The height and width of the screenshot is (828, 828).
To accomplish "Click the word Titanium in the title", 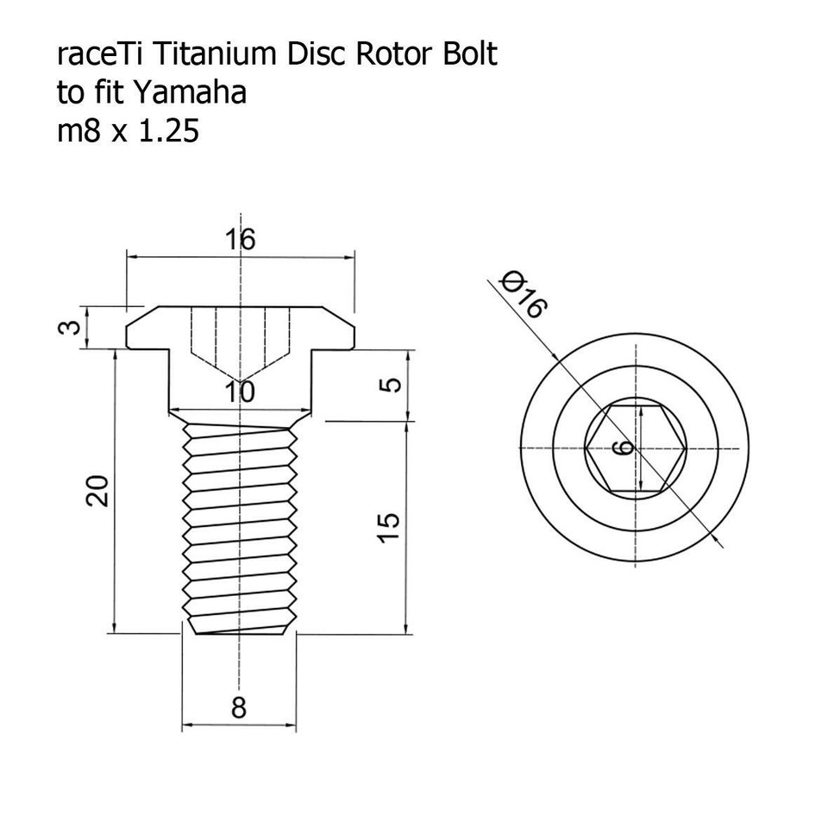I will (x=208, y=55).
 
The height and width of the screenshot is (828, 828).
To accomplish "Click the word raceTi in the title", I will (x=97, y=55).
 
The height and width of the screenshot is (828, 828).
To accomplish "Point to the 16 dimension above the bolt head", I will (x=241, y=240).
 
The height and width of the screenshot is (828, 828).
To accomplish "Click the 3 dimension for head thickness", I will (x=74, y=327).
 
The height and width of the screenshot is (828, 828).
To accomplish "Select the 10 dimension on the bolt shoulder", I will (x=238, y=392).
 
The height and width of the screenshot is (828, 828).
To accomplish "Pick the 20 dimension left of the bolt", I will (x=98, y=491).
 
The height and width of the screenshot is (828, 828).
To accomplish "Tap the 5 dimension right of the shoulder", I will (x=390, y=385).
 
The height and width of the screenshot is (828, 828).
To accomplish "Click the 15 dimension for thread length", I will (x=390, y=526).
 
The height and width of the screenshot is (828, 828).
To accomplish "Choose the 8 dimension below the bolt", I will (x=239, y=709).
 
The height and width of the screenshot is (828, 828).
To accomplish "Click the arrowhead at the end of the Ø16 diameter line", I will (x=720, y=544).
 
